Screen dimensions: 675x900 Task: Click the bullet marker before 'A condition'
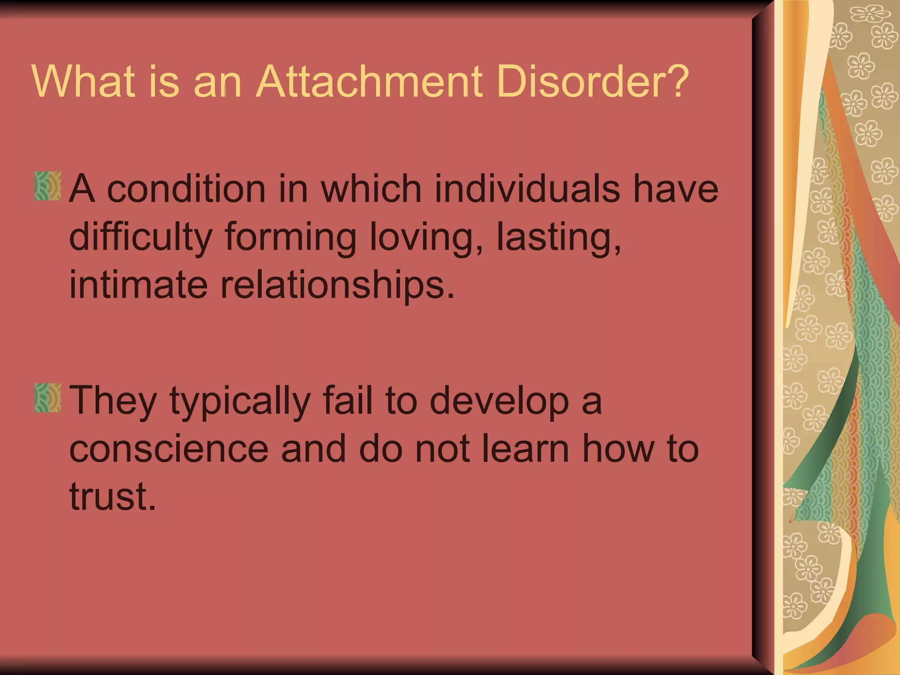[x=47, y=186]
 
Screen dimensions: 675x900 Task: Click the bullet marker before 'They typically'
[x=47, y=398]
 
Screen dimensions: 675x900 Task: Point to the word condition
[x=186, y=189]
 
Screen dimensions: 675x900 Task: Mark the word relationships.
[x=337, y=286]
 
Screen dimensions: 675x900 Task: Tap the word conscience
[x=169, y=449]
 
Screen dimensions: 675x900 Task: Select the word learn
[x=526, y=449]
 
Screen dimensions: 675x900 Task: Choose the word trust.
[x=112, y=497]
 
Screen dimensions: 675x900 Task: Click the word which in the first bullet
[x=371, y=189]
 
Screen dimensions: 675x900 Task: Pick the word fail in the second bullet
[x=347, y=401]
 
